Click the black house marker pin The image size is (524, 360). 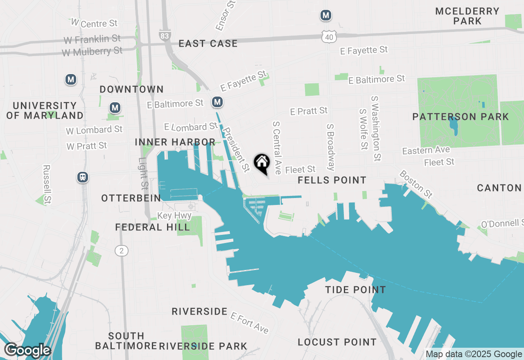262,163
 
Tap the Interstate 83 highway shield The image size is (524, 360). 165,36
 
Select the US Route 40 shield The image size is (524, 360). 330,37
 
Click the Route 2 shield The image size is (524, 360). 121,251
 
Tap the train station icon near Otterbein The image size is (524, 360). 83,177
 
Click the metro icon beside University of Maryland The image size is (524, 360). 71,79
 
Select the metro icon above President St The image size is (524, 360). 217,102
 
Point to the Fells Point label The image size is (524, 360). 332,180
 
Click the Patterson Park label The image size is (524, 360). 461,117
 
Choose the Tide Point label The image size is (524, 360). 355,290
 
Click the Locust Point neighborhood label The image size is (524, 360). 337,342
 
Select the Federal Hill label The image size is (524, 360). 152,227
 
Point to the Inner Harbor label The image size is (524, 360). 175,142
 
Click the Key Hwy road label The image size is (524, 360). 174,216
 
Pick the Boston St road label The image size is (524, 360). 416,184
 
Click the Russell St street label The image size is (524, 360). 47,184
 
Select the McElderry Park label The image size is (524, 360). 468,16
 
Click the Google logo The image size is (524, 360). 27,351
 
